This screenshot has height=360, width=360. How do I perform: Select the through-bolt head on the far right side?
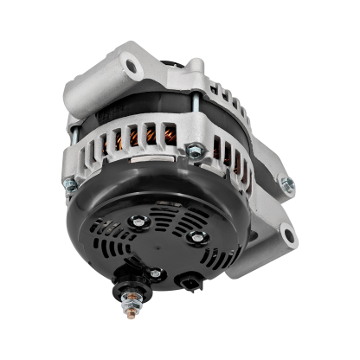pos(286,184)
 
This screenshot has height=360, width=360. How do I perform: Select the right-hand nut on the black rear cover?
pos(197,236)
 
